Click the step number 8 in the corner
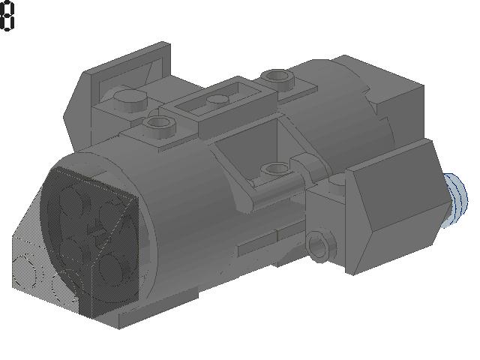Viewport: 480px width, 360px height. [7, 16]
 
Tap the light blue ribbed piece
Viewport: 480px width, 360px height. [457, 200]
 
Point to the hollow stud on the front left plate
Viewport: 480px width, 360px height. [159, 125]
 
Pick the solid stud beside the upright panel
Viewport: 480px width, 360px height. [130, 100]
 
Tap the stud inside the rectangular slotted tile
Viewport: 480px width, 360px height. [217, 100]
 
